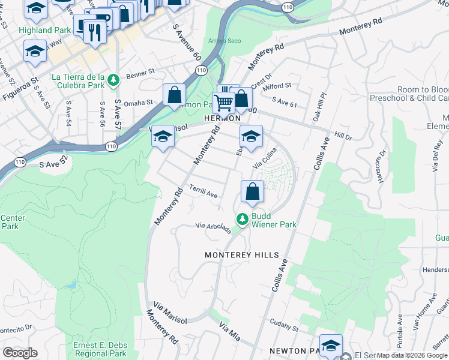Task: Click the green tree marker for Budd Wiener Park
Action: pos(243,220)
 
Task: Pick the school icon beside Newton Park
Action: pos(331,346)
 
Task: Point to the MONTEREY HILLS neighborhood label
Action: pos(242,255)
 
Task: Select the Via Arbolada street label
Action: pos(214,229)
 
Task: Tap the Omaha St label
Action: pos(139,103)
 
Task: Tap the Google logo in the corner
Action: pos(20,353)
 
